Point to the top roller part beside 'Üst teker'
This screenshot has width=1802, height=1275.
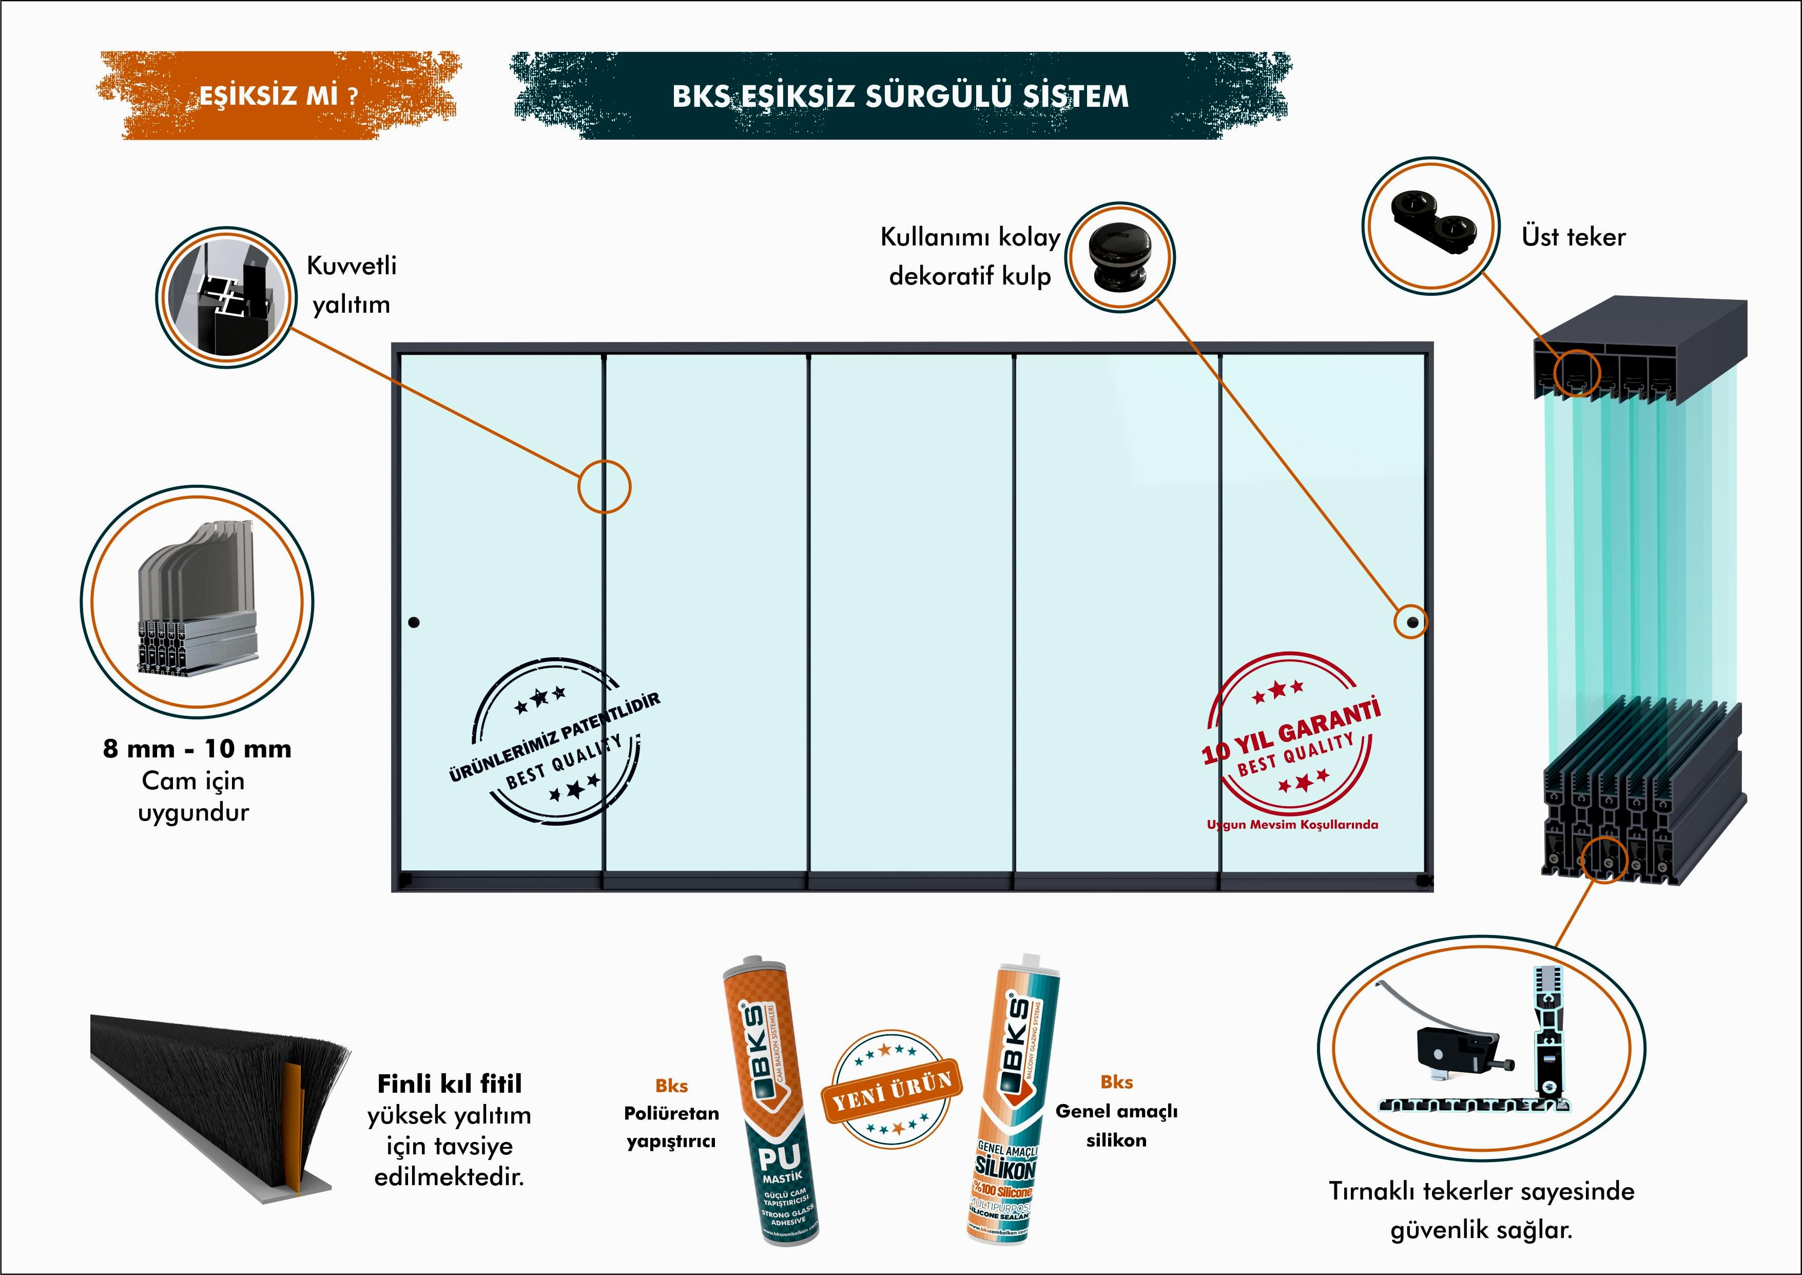click(x=1433, y=225)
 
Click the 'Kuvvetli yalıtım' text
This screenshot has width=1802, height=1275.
click(x=352, y=284)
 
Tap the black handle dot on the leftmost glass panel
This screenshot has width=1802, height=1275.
click(x=414, y=622)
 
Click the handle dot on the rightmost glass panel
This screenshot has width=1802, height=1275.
click(x=1412, y=622)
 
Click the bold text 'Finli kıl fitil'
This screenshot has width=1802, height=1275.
click(x=449, y=1084)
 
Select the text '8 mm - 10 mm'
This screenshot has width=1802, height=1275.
click(x=197, y=749)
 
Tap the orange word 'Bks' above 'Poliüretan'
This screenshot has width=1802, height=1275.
click(x=671, y=1086)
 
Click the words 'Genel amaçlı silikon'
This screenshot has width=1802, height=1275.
click(x=1116, y=1125)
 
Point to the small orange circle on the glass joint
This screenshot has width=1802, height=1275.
click(x=604, y=487)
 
